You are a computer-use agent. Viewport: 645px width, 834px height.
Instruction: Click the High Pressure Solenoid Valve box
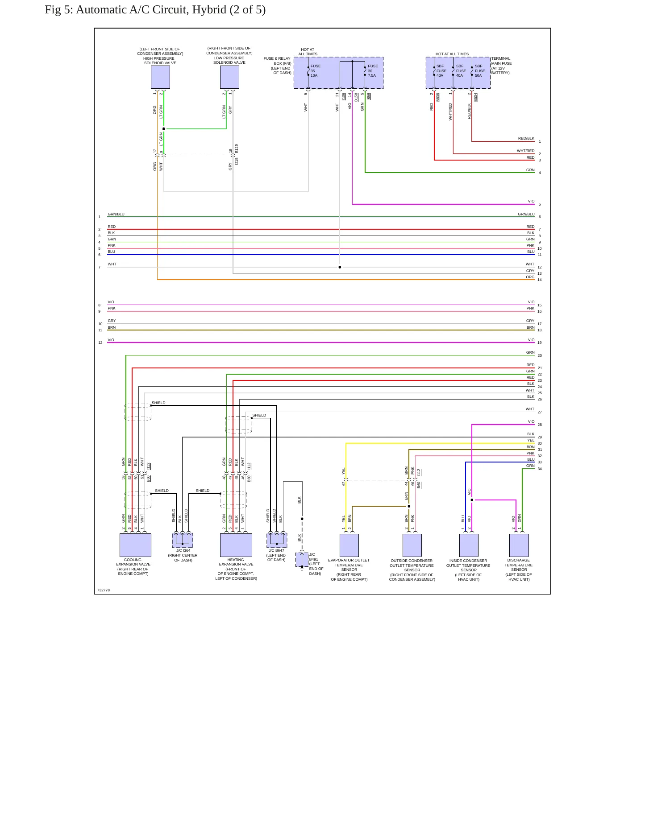point(160,77)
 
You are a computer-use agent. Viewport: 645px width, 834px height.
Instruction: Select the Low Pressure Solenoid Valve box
point(229,77)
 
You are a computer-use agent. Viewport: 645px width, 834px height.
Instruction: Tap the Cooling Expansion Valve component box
point(135,545)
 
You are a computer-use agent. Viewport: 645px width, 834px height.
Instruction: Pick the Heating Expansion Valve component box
point(236,545)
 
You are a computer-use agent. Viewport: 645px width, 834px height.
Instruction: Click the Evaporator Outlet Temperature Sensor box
point(349,545)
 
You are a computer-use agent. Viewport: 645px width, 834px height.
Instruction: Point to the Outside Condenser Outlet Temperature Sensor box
point(412,545)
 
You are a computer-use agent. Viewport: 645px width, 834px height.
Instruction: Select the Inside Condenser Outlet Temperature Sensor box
point(469,545)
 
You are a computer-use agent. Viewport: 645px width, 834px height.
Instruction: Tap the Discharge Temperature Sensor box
point(519,545)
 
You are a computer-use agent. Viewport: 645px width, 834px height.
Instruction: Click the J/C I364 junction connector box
point(183,541)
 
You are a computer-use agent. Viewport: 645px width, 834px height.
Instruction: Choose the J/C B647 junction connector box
point(277,541)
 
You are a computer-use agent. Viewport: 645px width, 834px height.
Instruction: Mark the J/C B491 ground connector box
point(302,560)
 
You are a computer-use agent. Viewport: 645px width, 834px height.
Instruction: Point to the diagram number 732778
point(104,590)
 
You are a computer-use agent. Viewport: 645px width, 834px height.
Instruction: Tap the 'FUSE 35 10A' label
point(316,71)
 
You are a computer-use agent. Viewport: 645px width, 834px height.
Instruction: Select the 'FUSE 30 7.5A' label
point(373,71)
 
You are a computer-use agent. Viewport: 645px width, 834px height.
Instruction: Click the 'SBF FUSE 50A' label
point(480,71)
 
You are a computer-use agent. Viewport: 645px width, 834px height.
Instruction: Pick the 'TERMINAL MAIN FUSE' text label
point(501,61)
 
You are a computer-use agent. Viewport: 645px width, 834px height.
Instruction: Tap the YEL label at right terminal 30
point(531,440)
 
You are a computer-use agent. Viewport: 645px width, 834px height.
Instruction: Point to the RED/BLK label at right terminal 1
point(526,138)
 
